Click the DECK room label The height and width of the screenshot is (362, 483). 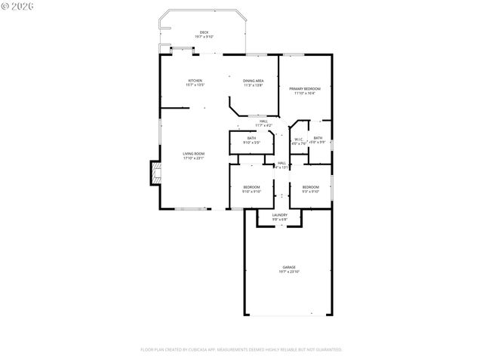(204, 32)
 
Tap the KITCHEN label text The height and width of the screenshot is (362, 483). (195, 81)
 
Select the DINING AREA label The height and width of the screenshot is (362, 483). (253, 81)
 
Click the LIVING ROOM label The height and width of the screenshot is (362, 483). (194, 154)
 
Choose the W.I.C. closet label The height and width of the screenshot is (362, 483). (298, 138)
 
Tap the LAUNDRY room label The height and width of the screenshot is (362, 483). (279, 215)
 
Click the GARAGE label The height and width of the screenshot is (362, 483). (289, 267)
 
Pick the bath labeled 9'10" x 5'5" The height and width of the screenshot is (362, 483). (251, 140)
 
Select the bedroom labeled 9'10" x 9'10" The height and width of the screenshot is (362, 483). (251, 189)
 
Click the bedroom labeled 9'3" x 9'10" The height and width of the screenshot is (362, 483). (310, 189)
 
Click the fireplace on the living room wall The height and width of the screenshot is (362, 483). (155, 174)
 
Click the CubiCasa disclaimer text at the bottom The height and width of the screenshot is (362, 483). (241, 350)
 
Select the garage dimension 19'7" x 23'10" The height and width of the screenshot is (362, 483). (289, 271)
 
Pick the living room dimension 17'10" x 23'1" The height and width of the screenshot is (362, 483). (194, 158)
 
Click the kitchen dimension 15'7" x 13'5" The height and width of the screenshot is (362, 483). (195, 85)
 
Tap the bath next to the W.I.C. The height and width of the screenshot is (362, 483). (318, 140)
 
